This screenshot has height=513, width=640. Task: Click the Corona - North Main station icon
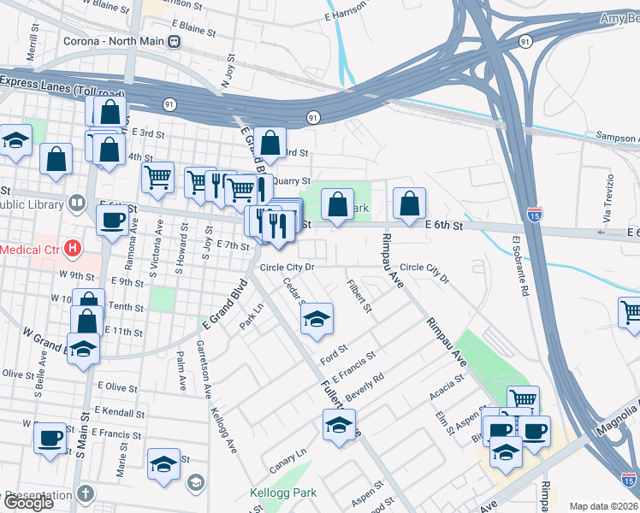pyautogui.click(x=175, y=41)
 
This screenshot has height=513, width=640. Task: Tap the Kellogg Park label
pyautogui.click(x=282, y=492)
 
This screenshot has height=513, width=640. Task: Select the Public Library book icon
pyautogui.click(x=77, y=203)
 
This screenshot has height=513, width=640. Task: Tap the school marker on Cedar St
pyautogui.click(x=317, y=319)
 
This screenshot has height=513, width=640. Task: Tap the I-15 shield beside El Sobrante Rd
pyautogui.click(x=535, y=213)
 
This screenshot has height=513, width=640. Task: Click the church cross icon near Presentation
pyautogui.click(x=86, y=493)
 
